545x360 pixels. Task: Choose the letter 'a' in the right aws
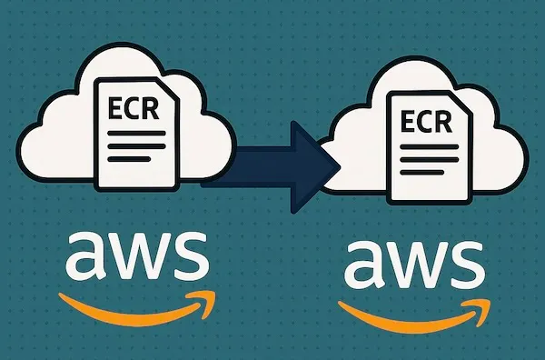(x=363, y=265)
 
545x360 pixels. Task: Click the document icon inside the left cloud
(x=134, y=132)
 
